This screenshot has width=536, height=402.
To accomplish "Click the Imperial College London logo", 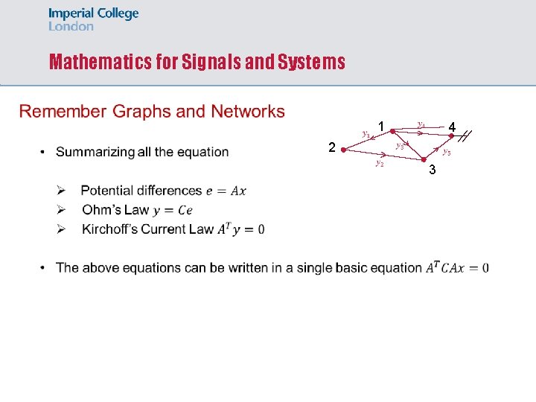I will [93, 20].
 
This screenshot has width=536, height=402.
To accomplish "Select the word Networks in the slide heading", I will [248, 112].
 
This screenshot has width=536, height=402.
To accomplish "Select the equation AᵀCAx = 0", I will [457, 268].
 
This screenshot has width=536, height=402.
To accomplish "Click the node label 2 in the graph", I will [332, 147].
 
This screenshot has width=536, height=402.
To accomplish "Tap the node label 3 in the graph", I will [432, 171].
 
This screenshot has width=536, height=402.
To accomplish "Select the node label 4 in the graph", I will [452, 128].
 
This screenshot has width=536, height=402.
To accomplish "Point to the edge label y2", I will [380, 162].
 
